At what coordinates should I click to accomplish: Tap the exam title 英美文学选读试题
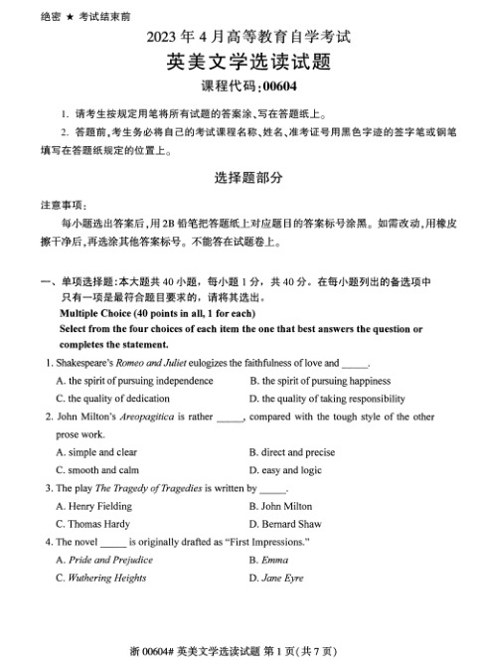(x=240, y=63)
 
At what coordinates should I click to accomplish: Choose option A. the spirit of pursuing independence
(x=134, y=381)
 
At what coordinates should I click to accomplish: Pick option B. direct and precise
(x=291, y=452)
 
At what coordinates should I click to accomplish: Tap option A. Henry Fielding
(x=93, y=506)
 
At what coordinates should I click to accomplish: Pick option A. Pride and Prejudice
(x=104, y=560)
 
